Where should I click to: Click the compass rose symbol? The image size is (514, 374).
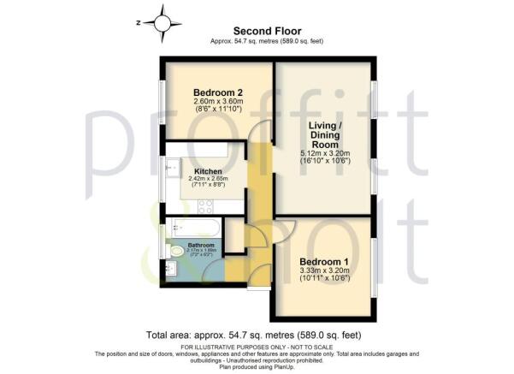pyautogui.click(x=163, y=20)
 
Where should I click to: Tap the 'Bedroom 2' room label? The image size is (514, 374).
pyautogui.click(x=213, y=92)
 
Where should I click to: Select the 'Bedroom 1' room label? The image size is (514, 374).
pyautogui.click(x=323, y=264)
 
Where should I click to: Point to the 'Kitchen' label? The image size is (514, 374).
pyautogui.click(x=208, y=171)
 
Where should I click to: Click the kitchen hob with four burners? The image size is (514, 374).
pyautogui.click(x=206, y=206)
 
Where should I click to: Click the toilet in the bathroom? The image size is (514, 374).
pyautogui.click(x=173, y=251)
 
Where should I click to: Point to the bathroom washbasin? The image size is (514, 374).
pyautogui.click(x=170, y=272)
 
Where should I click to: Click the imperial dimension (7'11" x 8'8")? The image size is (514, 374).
pyautogui.click(x=208, y=186)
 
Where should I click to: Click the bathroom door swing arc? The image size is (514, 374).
pyautogui.click(x=214, y=271)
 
